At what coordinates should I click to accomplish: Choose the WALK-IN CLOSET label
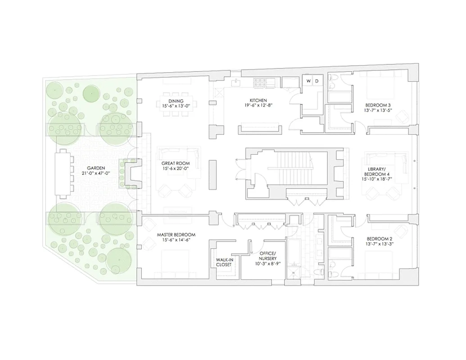[x=224, y=262]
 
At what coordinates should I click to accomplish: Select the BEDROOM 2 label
[x=378, y=238]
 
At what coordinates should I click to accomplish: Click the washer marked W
[x=308, y=81]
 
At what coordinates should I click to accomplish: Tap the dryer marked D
[x=317, y=81]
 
